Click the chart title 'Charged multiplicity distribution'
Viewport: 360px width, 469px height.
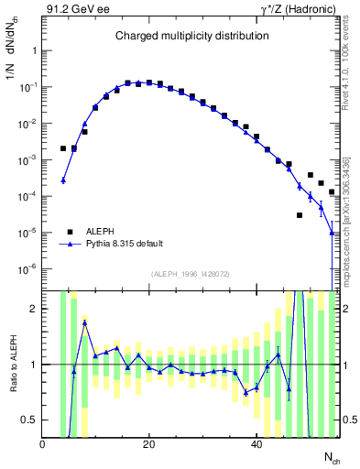point(191,36)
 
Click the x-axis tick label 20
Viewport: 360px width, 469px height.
point(149,444)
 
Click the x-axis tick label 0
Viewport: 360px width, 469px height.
point(43,444)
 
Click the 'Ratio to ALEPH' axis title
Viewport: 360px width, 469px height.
point(12,364)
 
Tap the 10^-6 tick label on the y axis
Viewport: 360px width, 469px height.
point(27,269)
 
